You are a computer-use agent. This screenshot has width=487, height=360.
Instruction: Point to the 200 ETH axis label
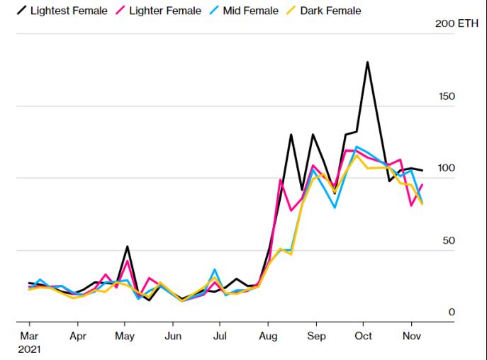pos(456,23)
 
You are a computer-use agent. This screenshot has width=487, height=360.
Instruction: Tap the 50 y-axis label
pos(449,241)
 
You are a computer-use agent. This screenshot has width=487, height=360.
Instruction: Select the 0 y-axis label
pos(452,313)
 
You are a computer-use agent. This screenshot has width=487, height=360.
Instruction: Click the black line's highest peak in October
pos(367,62)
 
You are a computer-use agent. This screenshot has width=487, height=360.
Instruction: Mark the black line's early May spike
pos(127,247)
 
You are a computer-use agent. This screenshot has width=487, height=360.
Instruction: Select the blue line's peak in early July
pos(215,270)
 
